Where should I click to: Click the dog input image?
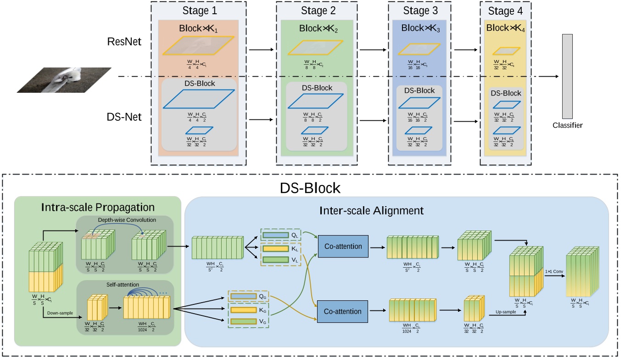coord(65,79)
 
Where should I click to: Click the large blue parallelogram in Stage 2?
coord(316,101)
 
